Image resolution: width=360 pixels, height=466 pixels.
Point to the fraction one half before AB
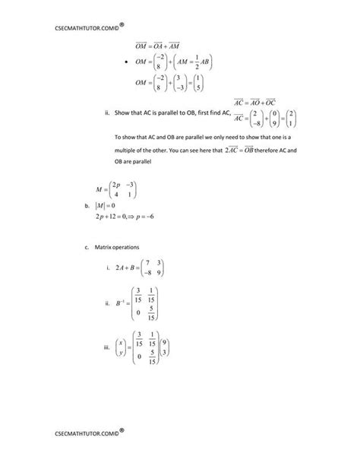tap(203, 62)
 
